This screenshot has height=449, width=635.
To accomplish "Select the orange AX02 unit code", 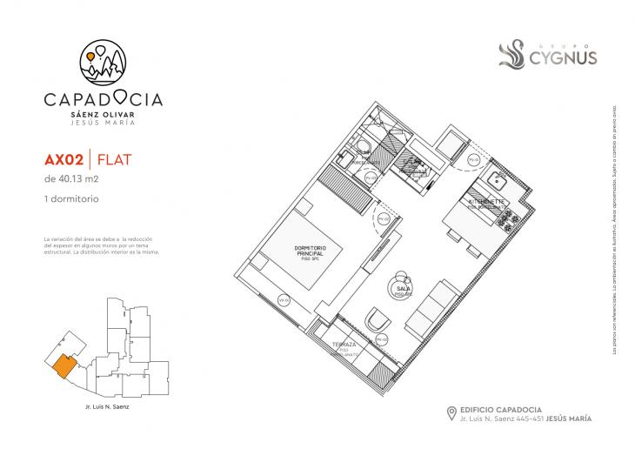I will [64, 160].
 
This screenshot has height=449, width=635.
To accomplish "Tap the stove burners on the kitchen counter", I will [508, 220].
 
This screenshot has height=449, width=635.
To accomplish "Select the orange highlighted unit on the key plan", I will [63, 365].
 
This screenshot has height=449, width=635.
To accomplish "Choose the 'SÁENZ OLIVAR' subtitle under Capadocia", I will [102, 114].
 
